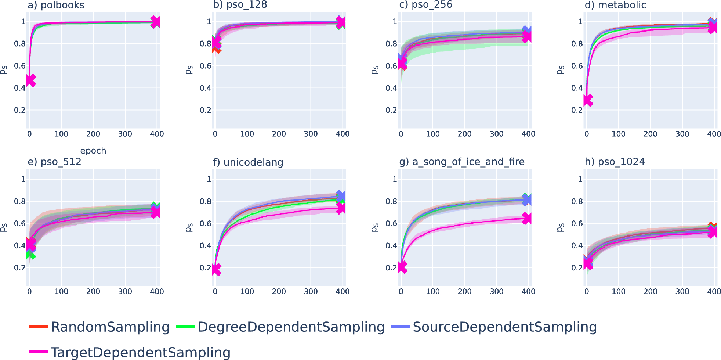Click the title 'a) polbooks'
(56, 5)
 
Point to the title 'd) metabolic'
(615, 5)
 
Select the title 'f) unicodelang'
(248, 162)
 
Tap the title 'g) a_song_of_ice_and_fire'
(462, 162)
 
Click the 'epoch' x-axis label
(93, 151)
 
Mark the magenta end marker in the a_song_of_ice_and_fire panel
(527, 219)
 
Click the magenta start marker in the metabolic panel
(588, 100)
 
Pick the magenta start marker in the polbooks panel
(31, 80)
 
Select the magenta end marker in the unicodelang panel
(341, 208)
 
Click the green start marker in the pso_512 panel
(31, 254)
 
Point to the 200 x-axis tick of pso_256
(465, 134)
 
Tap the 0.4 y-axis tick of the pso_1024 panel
(577, 245)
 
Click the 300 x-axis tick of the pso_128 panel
(311, 134)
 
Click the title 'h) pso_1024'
(615, 162)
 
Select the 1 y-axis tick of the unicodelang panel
(209, 179)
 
